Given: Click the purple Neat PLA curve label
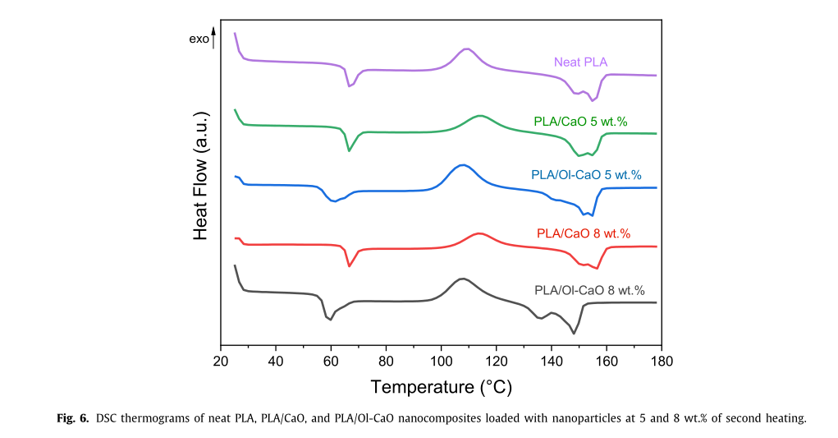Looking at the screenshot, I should [x=580, y=62].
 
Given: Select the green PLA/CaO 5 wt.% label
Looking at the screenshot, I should [x=580, y=122].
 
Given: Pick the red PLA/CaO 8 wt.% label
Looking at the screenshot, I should [x=584, y=233].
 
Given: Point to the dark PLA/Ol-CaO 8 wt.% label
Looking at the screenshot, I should [x=589, y=290].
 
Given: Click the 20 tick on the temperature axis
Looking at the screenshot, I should [x=221, y=361].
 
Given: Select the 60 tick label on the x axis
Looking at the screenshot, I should [x=331, y=361].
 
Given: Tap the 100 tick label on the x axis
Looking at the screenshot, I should [x=441, y=361].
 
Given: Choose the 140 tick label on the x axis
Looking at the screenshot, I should [x=551, y=361].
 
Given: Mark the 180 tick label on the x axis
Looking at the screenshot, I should [x=662, y=361].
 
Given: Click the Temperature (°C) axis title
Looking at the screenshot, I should [x=441, y=386].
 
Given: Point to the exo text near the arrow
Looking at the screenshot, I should [x=199, y=39].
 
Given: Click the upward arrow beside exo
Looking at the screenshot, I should [x=213, y=37].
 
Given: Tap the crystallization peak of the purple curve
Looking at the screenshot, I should [x=467, y=48].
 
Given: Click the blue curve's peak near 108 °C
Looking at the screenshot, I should [x=463, y=165].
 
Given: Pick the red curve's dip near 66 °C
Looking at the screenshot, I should [x=350, y=265].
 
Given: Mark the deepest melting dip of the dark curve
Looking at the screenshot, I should [x=574, y=334].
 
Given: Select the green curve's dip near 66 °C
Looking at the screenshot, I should [x=350, y=150].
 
